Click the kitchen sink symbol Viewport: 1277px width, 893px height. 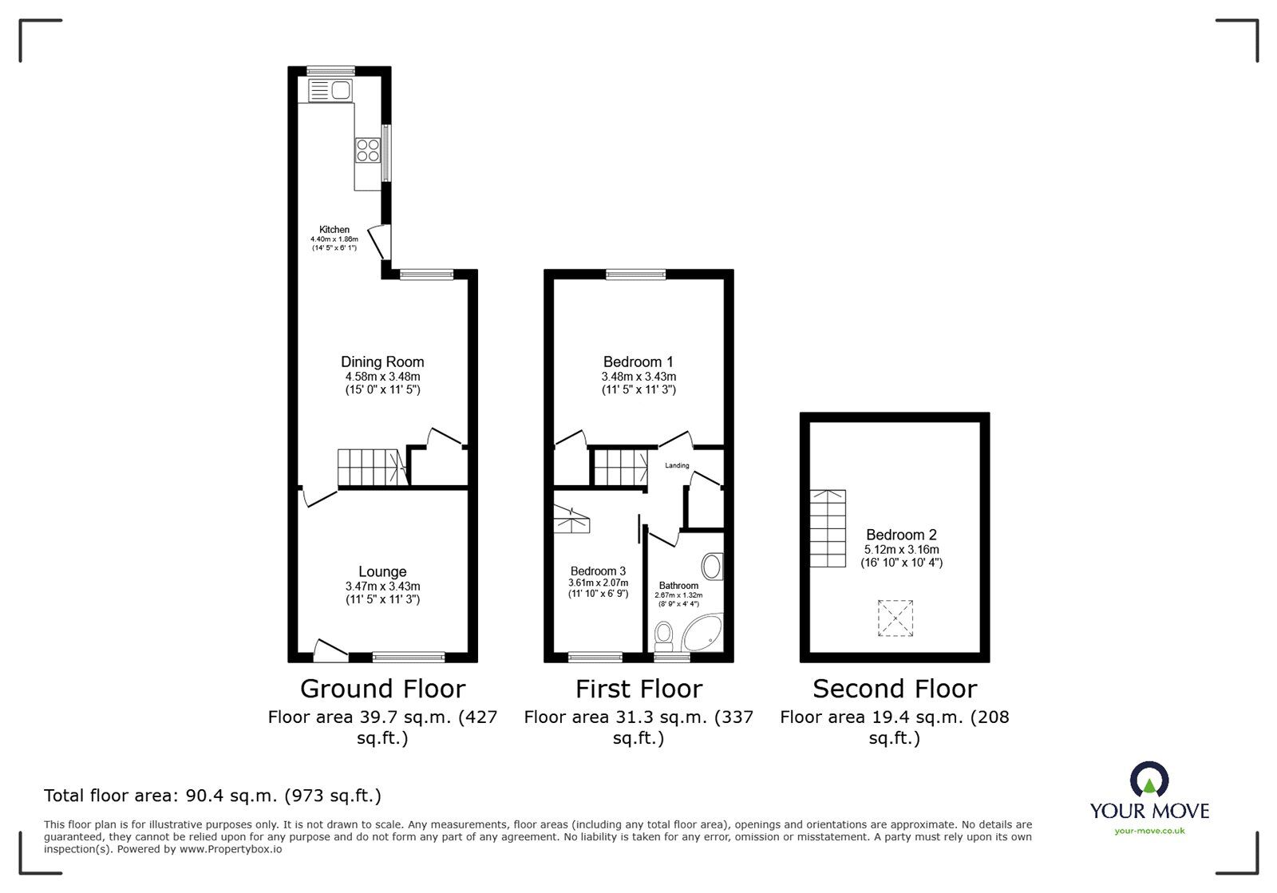[x=330, y=90]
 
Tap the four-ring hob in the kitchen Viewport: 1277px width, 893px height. [x=368, y=150]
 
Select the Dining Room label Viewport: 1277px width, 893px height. [x=382, y=362]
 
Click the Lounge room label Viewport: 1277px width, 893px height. [x=382, y=571]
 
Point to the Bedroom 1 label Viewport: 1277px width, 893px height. [x=638, y=362]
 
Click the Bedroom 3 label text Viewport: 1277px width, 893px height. [x=598, y=571]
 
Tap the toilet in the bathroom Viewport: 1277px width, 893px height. [x=663, y=637]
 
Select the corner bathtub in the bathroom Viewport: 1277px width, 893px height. [x=704, y=635]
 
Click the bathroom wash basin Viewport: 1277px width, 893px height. [x=711, y=567]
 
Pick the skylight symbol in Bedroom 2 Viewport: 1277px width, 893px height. [x=895, y=618]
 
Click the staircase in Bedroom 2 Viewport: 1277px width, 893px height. [x=828, y=528]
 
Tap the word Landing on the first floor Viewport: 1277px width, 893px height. [x=677, y=465]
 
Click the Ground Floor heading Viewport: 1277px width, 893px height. [x=382, y=689]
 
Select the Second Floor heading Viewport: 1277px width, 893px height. [x=895, y=689]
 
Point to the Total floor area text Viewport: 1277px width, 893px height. [x=212, y=796]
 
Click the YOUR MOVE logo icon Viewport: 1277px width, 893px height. [x=1149, y=780]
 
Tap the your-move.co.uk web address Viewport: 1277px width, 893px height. [x=1149, y=832]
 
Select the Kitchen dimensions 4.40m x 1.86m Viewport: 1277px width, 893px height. [x=334, y=239]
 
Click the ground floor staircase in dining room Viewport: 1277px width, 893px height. [x=372, y=468]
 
